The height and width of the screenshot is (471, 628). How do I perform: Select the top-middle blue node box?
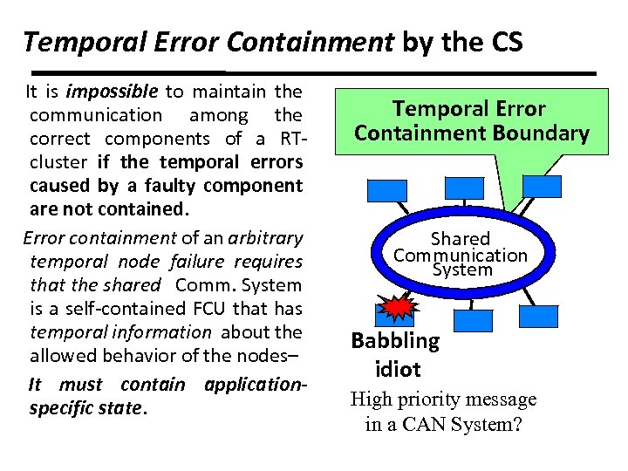[464, 187]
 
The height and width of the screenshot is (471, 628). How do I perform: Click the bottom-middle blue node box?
[474, 319]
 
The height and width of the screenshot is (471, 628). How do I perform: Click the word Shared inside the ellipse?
[461, 239]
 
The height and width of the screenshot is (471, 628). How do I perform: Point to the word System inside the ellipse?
[462, 270]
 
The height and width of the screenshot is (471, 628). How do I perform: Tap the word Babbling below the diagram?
[395, 340]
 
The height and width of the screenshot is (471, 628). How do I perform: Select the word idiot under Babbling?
[397, 368]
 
